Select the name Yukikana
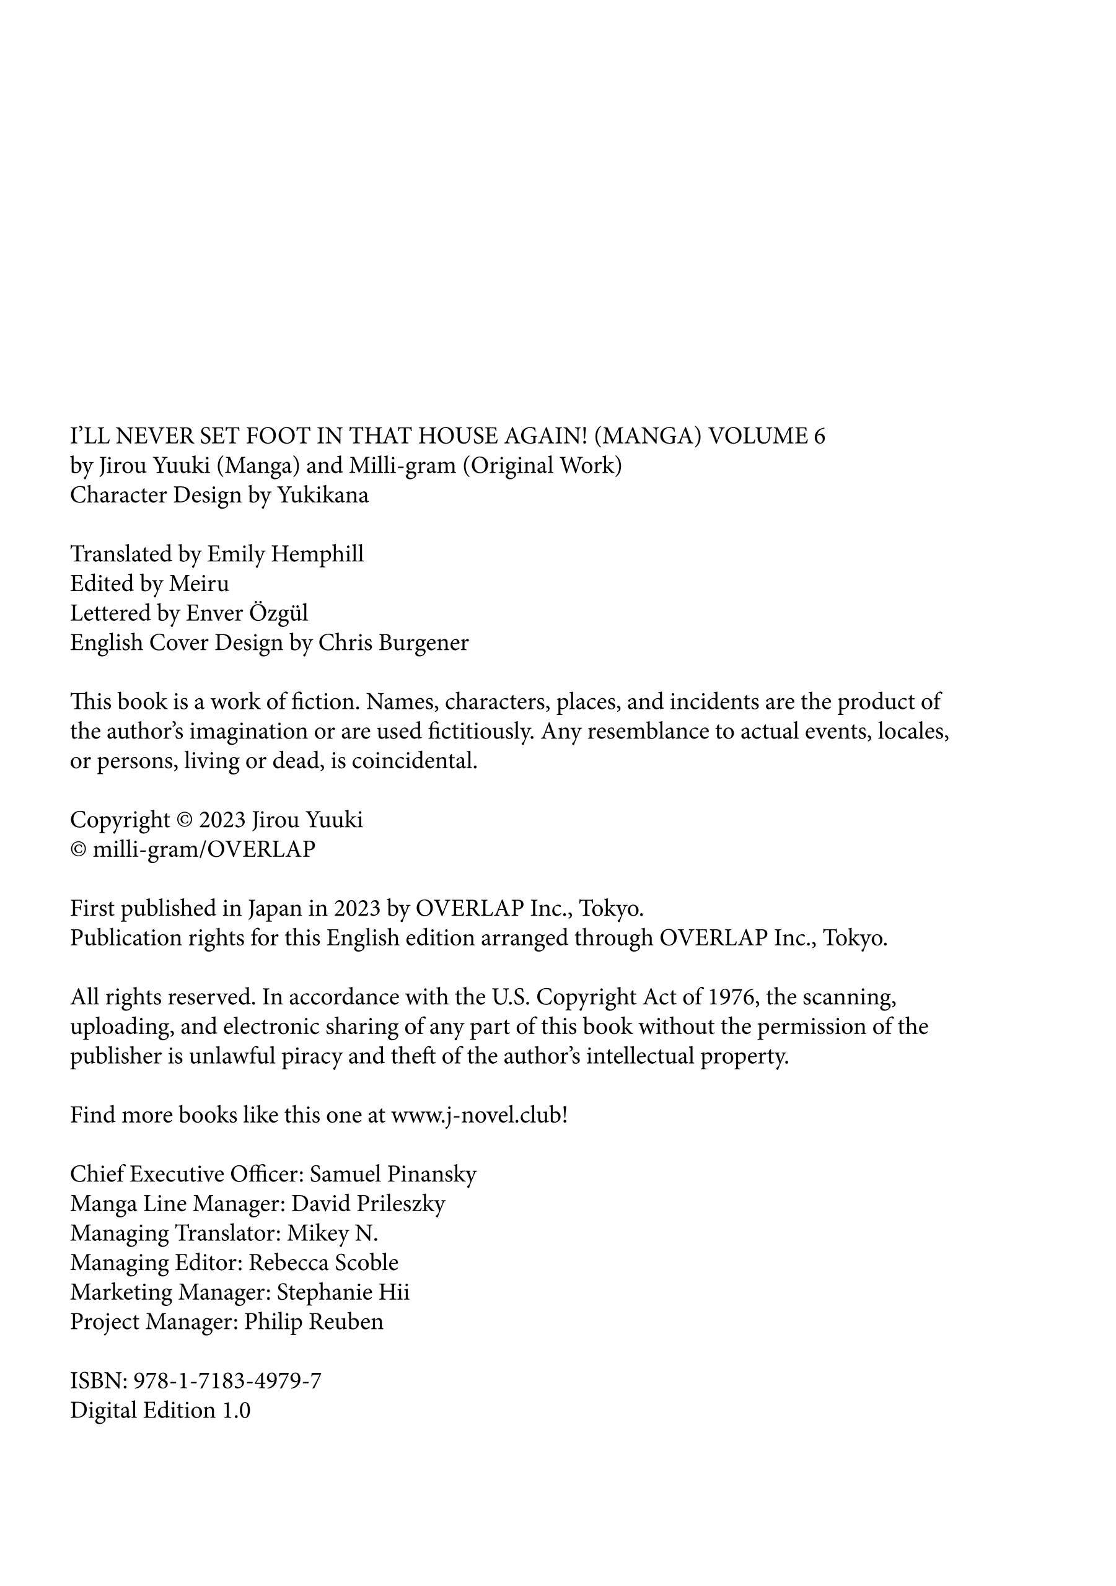pos(323,495)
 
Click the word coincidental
pos(414,761)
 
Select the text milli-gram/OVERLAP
pos(204,849)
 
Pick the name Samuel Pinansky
pos(392,1174)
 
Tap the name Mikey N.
pos(332,1233)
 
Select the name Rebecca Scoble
pos(323,1263)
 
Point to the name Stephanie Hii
pos(343,1292)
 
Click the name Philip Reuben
pos(314,1321)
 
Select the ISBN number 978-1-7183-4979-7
pos(227,1381)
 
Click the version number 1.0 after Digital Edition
pos(235,1410)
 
